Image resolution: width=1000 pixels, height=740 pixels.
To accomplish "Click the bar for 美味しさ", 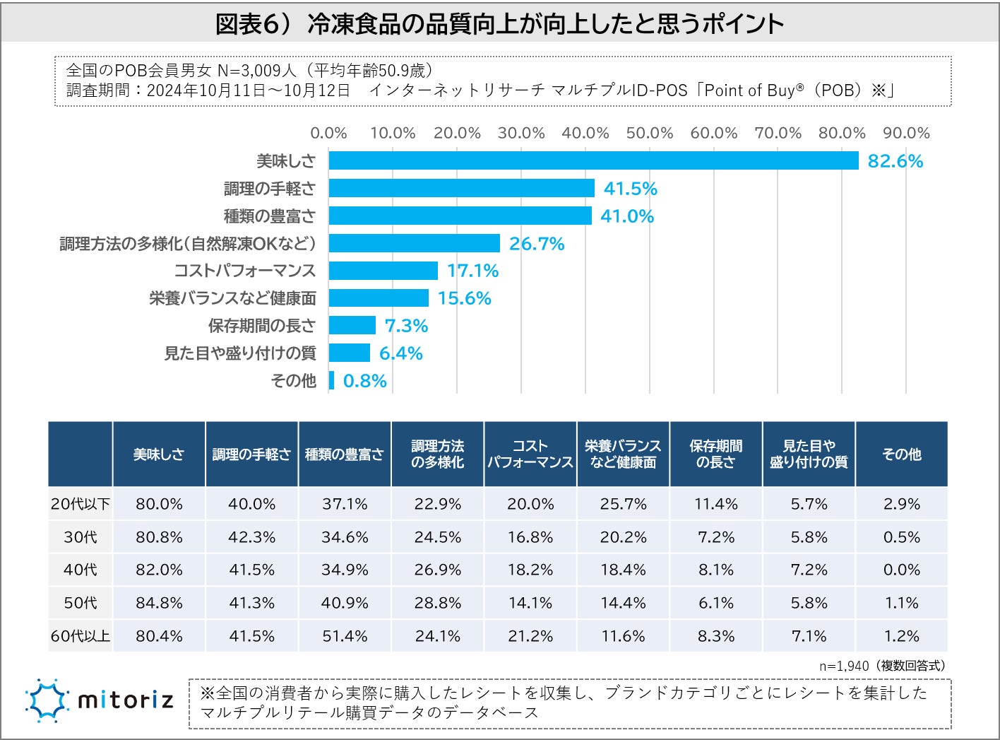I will click(593, 160).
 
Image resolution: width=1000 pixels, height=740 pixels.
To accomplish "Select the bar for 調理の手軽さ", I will click(461, 188).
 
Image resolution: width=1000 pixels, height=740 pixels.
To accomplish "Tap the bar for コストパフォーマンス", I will click(383, 271).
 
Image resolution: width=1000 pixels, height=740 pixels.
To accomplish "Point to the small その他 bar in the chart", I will click(332, 380).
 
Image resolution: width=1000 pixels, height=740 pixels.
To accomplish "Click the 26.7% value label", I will click(537, 244).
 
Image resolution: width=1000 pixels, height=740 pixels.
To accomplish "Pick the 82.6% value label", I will click(895, 161).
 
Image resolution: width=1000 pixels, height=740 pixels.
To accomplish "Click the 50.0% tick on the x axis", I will click(649, 133).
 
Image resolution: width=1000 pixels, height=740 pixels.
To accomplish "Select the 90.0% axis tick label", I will click(906, 133).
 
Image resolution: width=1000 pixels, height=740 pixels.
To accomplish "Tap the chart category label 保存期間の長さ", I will click(261, 326).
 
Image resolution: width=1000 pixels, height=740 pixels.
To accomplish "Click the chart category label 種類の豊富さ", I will click(269, 216).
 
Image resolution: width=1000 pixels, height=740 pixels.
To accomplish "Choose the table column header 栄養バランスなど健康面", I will click(623, 454).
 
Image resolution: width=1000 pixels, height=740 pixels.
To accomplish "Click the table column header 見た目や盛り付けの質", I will click(809, 454).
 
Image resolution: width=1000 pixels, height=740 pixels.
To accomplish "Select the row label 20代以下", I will click(81, 504).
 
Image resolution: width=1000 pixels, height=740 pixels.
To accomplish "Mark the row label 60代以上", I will click(81, 636).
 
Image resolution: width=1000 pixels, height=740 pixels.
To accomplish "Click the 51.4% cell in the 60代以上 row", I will click(345, 636).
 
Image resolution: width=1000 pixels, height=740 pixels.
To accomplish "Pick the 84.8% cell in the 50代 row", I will click(159, 603).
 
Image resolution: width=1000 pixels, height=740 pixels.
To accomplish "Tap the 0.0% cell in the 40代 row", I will click(901, 570).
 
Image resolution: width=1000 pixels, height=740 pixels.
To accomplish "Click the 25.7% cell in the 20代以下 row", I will click(623, 504).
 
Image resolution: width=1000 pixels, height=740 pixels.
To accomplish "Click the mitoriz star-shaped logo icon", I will click(47, 700).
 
